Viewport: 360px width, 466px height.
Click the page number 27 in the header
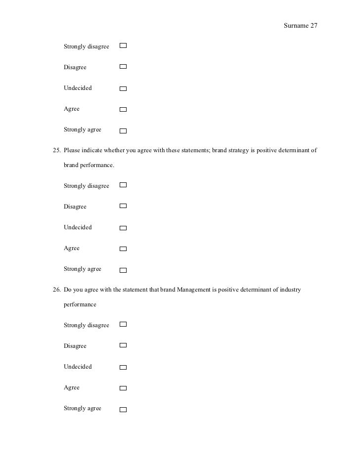coord(314,26)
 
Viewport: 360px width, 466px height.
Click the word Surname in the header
coord(296,26)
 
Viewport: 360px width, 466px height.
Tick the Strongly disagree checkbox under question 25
coord(123,185)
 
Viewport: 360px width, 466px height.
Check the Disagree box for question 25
coord(123,206)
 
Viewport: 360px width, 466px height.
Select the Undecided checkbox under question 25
coord(123,228)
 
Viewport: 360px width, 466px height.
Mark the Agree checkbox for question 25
coord(123,249)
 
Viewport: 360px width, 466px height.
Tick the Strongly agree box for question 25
coord(123,270)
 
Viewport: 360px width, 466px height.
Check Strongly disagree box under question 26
coord(123,324)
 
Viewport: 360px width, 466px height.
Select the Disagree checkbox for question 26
coord(123,345)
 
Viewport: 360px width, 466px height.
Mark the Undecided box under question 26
coord(123,368)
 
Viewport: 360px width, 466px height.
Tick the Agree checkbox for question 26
coord(123,388)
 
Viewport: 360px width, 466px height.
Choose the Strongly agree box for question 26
coord(123,410)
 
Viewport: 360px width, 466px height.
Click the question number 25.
coord(56,150)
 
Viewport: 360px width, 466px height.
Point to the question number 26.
coord(56,290)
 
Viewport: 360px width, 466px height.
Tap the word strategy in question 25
coord(239,150)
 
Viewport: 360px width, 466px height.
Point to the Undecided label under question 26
coord(78,367)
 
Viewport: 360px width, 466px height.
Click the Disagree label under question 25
coord(75,207)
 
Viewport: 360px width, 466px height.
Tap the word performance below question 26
coord(80,304)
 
